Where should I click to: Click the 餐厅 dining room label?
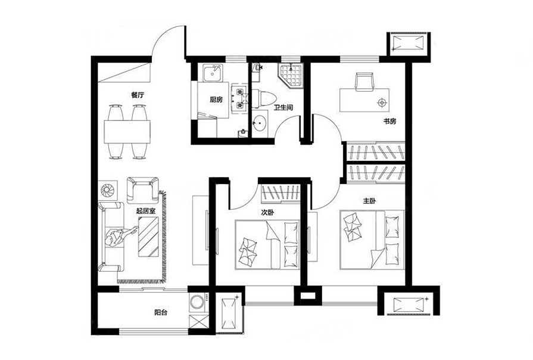[138, 95]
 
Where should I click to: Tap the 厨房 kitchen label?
[216, 100]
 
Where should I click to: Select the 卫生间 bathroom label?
[283, 107]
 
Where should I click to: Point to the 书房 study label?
[390, 121]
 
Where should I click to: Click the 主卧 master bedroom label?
[369, 201]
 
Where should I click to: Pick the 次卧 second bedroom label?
[267, 213]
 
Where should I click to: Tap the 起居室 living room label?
[145, 211]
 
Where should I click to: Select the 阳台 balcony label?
[160, 312]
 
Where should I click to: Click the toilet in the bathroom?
[264, 100]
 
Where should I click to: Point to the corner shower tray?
[290, 76]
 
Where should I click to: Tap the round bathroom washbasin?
[260, 123]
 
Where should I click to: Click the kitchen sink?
[213, 73]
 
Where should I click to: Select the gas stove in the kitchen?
[239, 98]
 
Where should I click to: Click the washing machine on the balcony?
[198, 302]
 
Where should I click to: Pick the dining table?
[127, 132]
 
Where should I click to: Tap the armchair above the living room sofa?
[143, 190]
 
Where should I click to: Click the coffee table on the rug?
[148, 237]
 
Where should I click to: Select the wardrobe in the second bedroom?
[280, 193]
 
